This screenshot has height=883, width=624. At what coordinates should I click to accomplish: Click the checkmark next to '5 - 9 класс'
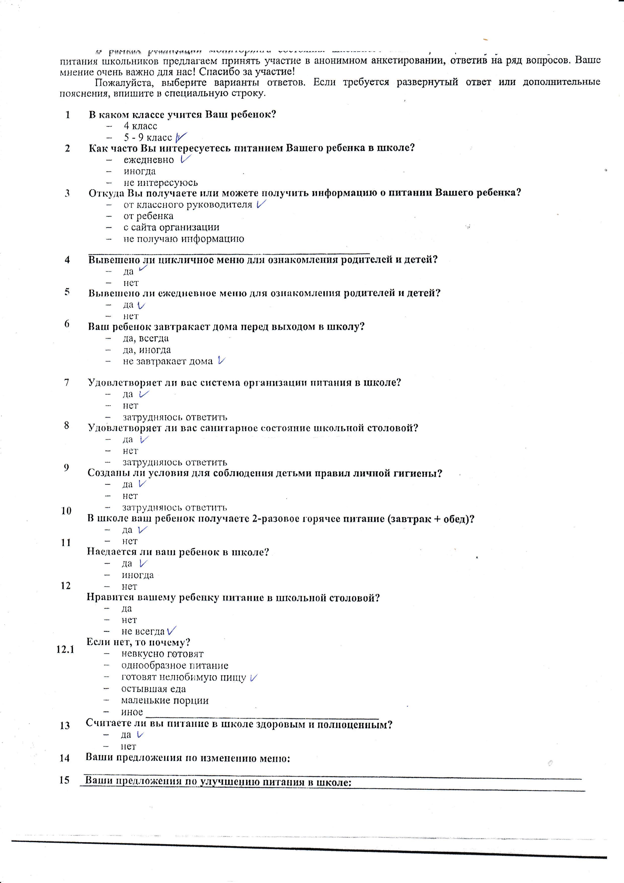pos(181,137)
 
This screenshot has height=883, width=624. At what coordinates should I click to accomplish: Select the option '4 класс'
pos(140,126)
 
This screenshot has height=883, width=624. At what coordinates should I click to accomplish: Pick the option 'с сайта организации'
pos(171,227)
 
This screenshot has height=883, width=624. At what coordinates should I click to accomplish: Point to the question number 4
pos(67,260)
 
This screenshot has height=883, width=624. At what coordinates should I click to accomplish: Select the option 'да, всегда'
pos(146,338)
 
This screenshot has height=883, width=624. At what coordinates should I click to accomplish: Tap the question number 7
pos(67,383)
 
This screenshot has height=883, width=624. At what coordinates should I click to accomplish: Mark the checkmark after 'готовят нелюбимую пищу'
pos(253,678)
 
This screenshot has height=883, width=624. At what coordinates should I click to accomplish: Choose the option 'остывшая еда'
pos(154,689)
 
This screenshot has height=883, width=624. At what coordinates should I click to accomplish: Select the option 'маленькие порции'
pos(165,700)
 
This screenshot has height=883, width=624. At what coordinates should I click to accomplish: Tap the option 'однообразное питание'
pos(175,666)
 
